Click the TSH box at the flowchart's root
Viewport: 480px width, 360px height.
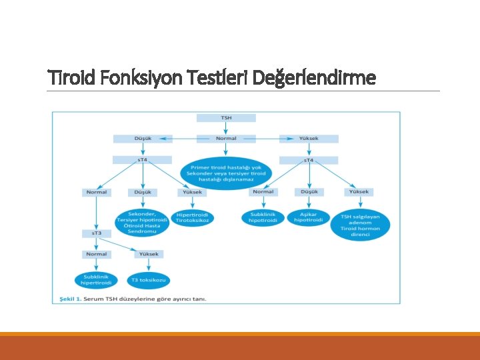[226, 118]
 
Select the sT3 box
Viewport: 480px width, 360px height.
[97, 233]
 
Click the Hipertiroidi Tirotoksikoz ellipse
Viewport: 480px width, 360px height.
[193, 217]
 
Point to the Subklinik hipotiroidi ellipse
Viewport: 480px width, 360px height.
[263, 217]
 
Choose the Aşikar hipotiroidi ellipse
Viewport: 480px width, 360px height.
[309, 217]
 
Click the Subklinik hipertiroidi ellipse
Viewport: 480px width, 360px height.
[97, 279]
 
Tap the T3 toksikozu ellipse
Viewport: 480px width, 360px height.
[149, 280]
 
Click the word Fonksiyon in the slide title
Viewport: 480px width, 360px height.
[134, 79]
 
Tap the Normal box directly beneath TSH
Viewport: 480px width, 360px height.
[226, 139]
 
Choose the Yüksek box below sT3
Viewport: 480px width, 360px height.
[149, 254]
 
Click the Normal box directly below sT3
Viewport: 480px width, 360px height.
[97, 254]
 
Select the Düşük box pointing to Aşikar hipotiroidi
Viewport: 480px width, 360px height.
[309, 192]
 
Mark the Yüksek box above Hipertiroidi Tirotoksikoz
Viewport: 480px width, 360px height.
[193, 192]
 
